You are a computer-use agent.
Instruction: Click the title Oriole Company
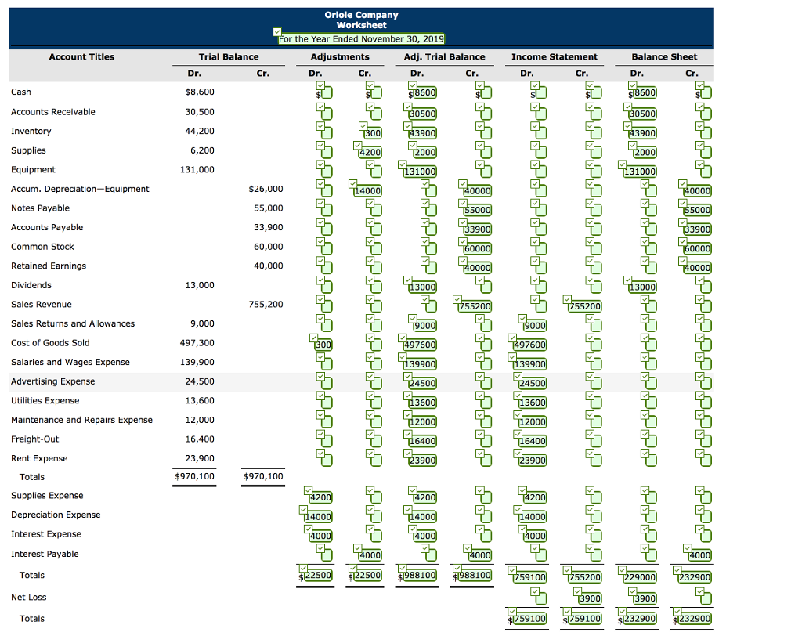click(361, 15)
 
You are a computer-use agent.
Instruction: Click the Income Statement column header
click(554, 56)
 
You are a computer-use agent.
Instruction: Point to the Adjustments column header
click(340, 56)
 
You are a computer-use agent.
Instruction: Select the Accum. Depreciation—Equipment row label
click(80, 189)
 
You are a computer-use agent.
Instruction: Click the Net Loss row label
click(28, 597)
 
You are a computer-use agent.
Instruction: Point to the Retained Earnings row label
click(49, 266)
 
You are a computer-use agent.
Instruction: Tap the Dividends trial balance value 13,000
click(199, 285)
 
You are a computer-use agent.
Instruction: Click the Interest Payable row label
click(45, 554)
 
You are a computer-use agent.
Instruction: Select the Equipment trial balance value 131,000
click(197, 169)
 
